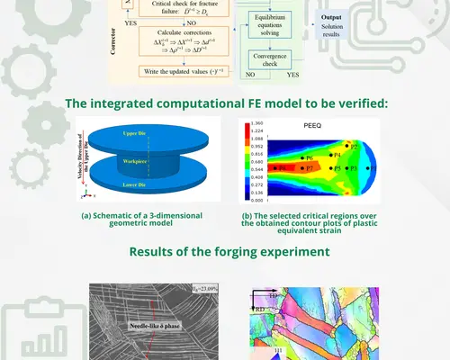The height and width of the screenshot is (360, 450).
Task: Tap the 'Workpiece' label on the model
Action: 154,162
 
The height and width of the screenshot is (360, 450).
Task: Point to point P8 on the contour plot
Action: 281,168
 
